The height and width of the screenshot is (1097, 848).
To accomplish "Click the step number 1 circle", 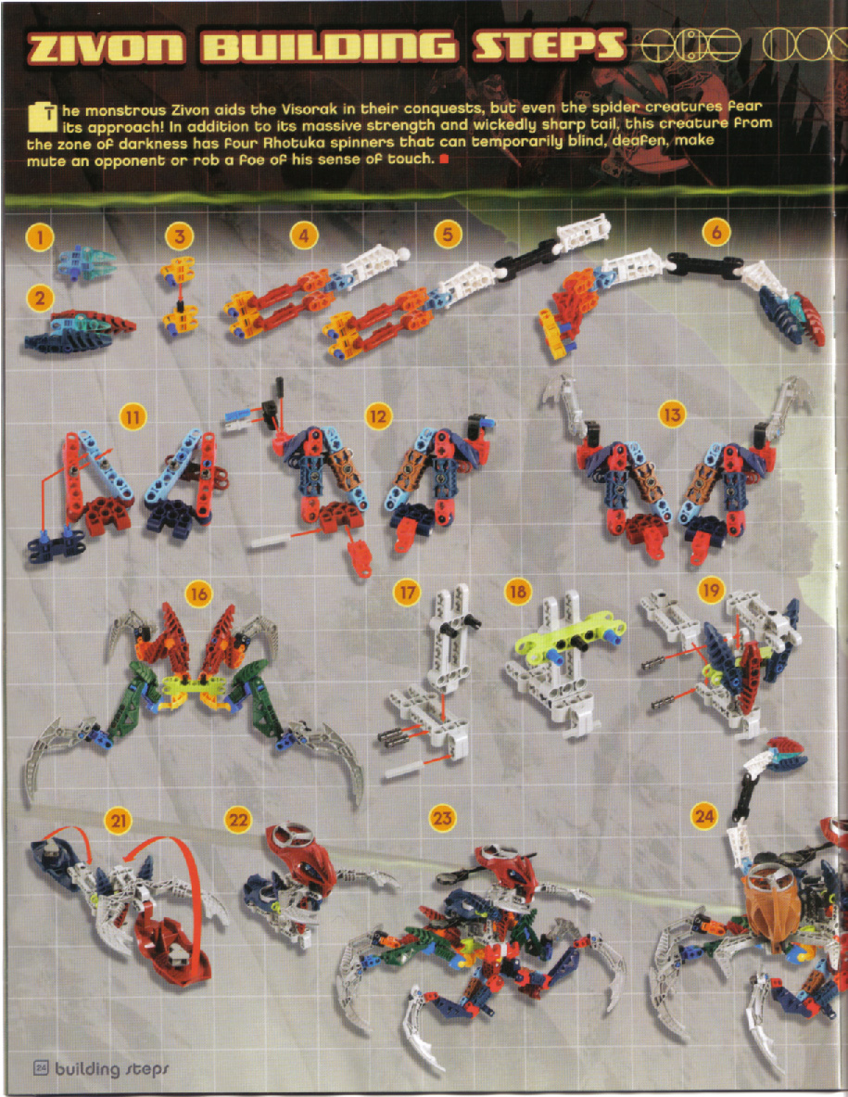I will tap(39, 237).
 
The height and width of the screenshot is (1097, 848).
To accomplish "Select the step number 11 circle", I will tap(134, 417).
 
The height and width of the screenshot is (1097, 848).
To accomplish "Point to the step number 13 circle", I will tap(671, 415).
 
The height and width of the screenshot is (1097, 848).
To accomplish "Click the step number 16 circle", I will tap(197, 593).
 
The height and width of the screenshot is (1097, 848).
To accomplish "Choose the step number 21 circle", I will tap(119, 819).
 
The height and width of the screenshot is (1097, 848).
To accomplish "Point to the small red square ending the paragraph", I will tap(444, 160).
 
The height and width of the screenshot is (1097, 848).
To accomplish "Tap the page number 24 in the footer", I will tap(41, 1067).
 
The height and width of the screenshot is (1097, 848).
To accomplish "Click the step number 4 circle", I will tap(303, 236).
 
